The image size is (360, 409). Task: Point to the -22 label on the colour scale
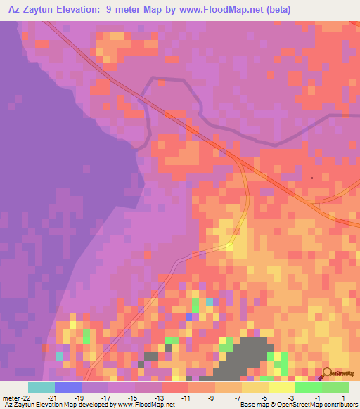coord(22,398)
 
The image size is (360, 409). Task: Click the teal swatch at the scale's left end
coord(41,387)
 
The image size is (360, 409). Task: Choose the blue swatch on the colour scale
coord(68,387)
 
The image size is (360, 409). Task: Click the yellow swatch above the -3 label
coord(281,387)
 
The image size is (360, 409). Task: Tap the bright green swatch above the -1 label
coord(308,387)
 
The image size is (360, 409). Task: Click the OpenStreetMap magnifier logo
coord(328,372)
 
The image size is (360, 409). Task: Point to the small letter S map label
coord(311,177)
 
